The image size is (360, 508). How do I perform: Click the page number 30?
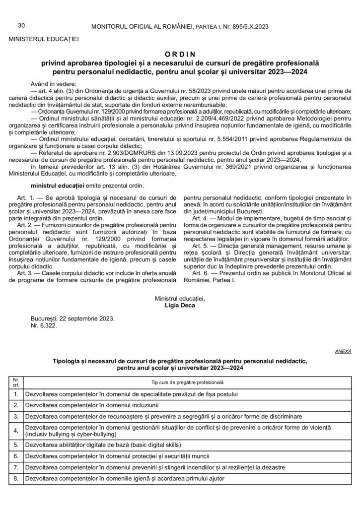tap(21, 25)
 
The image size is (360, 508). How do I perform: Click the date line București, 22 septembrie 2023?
tap(72, 318)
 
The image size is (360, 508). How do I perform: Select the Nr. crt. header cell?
tap(16, 382)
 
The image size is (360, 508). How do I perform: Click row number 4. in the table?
tap(16, 430)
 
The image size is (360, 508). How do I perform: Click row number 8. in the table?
tap(16, 479)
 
